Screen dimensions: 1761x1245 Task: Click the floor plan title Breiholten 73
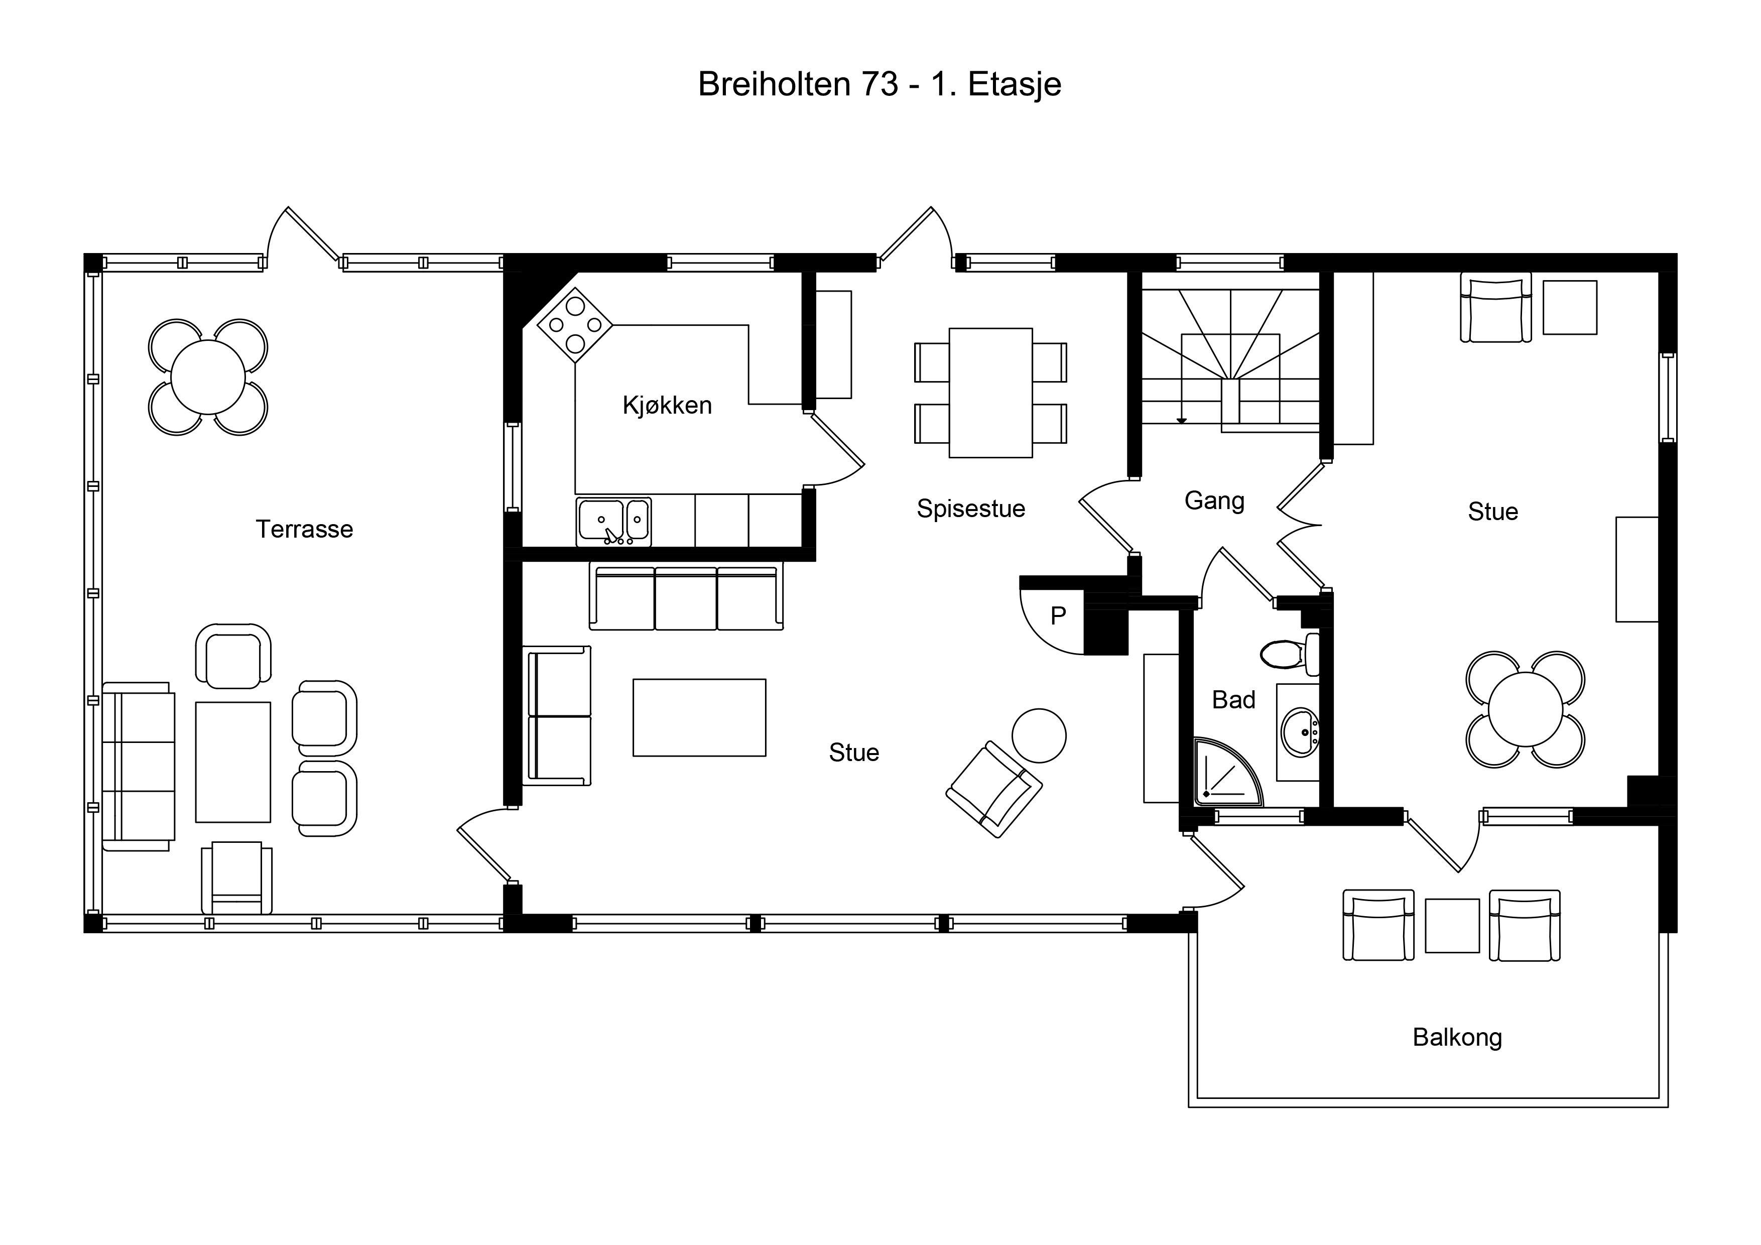point(798,84)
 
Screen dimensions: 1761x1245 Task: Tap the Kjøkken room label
point(667,405)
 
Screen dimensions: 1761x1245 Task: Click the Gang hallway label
point(1214,501)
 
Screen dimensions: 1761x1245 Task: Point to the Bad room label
point(1233,700)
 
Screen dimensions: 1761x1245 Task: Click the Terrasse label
point(305,529)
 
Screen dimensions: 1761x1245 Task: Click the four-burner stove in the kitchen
point(575,325)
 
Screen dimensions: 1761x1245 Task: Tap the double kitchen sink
point(613,522)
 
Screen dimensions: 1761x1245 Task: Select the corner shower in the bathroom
point(1227,773)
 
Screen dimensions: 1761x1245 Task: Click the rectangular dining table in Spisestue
point(991,393)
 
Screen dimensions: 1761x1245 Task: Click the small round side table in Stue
point(1039,735)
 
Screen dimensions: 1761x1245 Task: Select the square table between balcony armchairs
point(1452,926)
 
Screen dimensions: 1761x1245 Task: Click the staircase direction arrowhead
point(1182,420)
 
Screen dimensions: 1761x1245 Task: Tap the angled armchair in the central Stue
point(994,789)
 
